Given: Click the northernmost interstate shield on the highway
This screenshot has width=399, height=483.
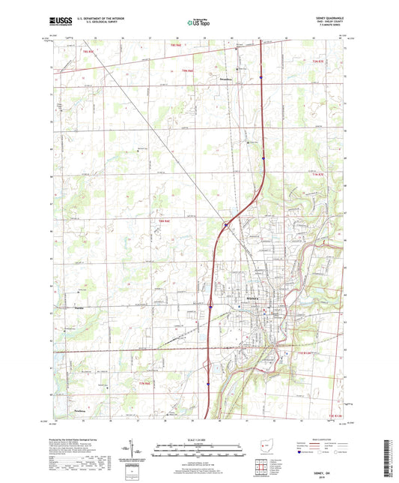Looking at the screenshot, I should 261,76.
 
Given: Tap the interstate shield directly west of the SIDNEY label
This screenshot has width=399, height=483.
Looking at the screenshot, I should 211,306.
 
